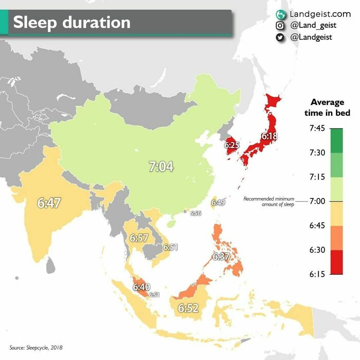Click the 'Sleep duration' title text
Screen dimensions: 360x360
coord(71,23)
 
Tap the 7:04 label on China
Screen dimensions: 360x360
coord(161,166)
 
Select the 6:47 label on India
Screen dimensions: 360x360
coord(49,203)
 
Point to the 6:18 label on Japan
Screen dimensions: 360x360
coord(269,137)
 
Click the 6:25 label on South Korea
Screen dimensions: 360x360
coord(232,146)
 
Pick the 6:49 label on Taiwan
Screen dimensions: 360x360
coord(218,203)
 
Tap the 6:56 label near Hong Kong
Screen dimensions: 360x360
coord(195,213)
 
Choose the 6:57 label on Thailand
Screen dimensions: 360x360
coord(139,238)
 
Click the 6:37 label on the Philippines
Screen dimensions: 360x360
coord(221,256)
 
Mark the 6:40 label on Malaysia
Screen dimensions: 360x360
coord(141,287)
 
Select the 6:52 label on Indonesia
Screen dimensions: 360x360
coord(188,308)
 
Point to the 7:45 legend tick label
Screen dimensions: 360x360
coord(317,128)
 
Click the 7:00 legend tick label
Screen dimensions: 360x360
coord(317,201)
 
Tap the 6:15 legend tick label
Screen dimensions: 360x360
coord(317,274)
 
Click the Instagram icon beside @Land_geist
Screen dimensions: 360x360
coord(280,26)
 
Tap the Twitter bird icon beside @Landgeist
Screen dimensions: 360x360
coord(280,37)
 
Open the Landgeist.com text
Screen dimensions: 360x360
coord(320,14)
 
